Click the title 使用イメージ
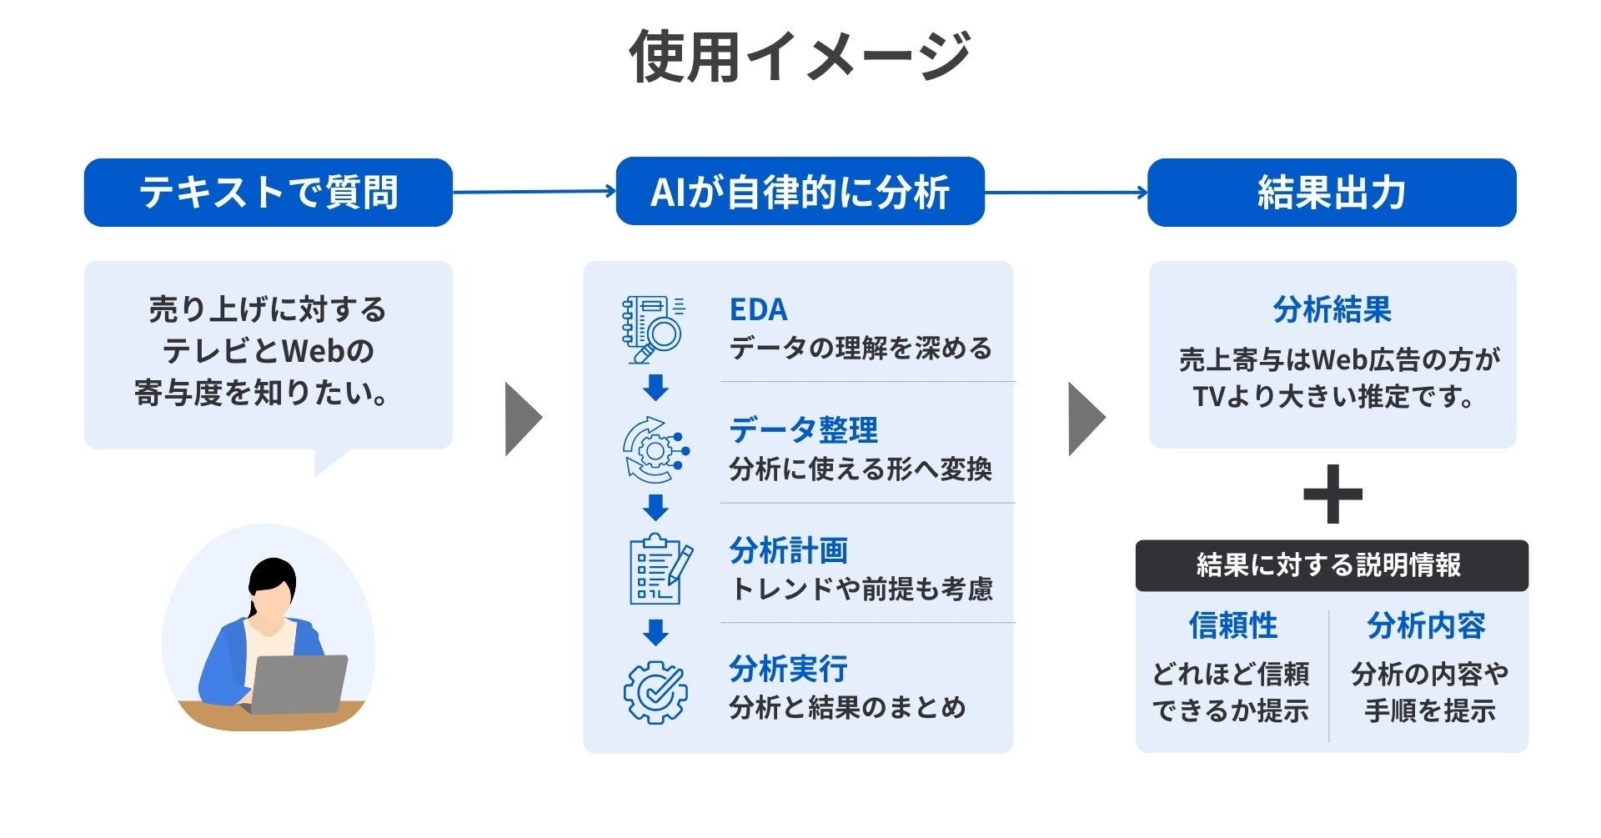800,57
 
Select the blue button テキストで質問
268,193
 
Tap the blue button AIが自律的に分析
800,192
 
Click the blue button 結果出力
1332,193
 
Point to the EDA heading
758,309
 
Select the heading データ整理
803,430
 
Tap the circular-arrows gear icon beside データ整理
655,450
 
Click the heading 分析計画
788,550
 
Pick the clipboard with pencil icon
659,570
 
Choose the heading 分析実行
788,669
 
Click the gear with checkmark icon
655,692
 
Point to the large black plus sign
1332,494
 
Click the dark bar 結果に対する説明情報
1331,565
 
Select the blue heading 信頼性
1232,625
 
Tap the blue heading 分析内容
1426,625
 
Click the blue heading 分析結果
1332,310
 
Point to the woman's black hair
272,575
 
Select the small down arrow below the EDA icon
655,387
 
